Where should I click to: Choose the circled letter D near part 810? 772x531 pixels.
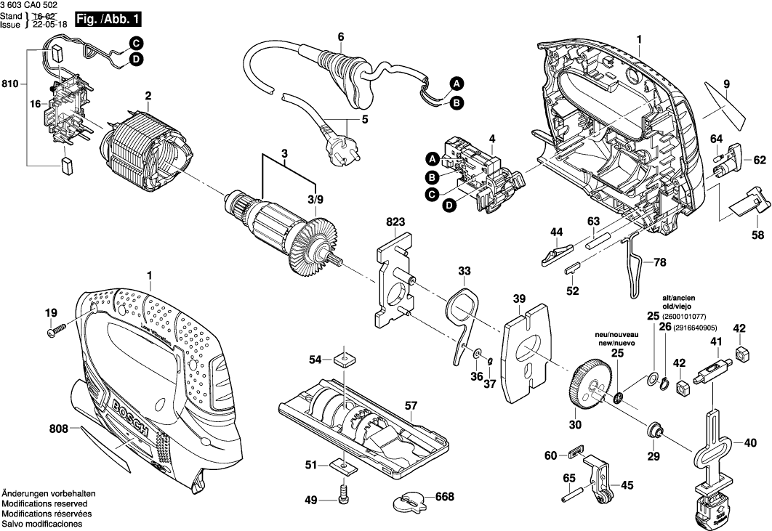point(137,60)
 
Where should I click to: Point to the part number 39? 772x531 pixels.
point(518,299)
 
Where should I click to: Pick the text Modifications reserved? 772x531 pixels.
point(45,503)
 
